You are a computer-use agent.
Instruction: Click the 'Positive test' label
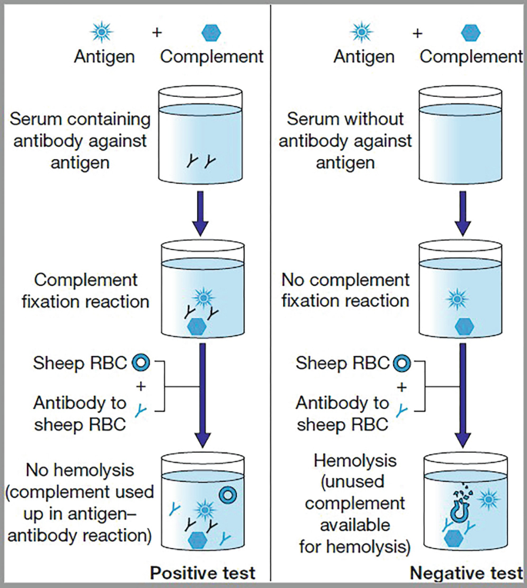click(x=202, y=573)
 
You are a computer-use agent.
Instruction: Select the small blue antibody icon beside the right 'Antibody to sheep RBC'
click(x=400, y=411)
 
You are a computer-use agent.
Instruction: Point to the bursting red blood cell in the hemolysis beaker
click(x=459, y=507)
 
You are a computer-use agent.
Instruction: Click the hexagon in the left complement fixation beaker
click(x=198, y=325)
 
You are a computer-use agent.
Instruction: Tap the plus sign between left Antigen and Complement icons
click(x=157, y=33)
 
